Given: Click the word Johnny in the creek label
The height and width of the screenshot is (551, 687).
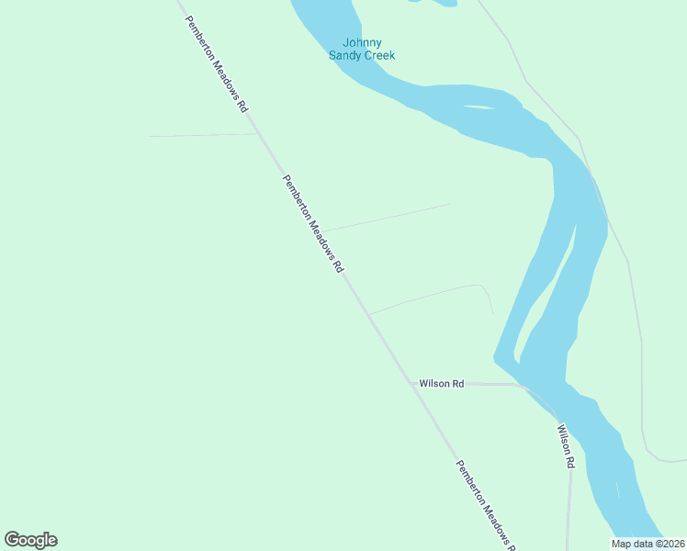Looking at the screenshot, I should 362,42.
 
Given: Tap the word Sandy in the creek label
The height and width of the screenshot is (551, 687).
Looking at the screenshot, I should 346,55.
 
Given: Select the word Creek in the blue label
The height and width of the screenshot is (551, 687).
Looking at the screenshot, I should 380,55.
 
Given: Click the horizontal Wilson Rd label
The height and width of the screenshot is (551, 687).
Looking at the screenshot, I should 441,383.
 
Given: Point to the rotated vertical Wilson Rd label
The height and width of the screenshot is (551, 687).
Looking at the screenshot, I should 566,445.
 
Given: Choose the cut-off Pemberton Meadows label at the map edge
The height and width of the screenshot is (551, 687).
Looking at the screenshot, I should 484,505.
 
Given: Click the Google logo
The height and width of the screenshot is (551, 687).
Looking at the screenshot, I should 31,540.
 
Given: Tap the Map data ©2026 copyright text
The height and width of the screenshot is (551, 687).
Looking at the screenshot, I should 648,544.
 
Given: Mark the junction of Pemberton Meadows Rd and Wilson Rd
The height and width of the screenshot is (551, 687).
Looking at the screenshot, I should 413,384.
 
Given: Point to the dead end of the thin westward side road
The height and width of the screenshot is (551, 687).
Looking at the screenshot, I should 150,136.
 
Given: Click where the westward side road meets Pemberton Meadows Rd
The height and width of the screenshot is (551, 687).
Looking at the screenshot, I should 257,134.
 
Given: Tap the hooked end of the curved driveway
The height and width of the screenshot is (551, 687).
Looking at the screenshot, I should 492,312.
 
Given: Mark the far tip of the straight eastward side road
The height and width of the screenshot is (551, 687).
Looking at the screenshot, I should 451,204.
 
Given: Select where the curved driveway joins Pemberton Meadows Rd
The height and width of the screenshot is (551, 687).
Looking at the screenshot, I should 368,314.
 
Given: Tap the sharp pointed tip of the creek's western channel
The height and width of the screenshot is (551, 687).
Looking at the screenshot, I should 497,357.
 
